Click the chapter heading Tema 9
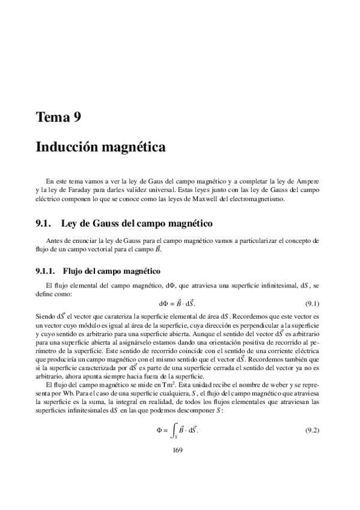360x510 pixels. click(58, 118)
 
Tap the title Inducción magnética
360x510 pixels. click(100, 147)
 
